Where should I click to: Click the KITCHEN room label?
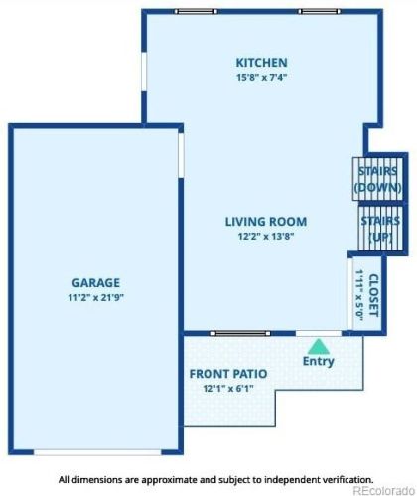[x=261, y=63]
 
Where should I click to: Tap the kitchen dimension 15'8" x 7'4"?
[x=261, y=77]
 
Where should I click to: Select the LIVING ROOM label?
[x=265, y=222]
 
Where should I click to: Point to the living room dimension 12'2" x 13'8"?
[x=265, y=236]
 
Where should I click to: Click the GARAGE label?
[x=96, y=282]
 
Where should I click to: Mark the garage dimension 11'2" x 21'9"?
[x=96, y=296]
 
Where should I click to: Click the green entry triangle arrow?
[x=318, y=346]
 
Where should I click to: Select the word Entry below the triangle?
[x=318, y=361]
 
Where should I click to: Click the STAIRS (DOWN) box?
[x=378, y=179]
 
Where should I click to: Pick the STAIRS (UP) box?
[x=379, y=228]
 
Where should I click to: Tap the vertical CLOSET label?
[x=373, y=295]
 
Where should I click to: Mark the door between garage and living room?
[x=181, y=155]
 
